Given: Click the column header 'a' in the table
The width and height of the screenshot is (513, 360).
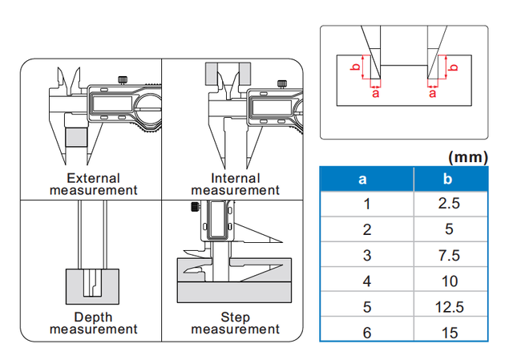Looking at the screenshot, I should click(x=367, y=178).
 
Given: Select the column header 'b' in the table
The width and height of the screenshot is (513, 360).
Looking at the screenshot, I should click(x=450, y=178).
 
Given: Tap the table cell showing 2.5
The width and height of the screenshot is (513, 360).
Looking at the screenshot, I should click(x=450, y=204).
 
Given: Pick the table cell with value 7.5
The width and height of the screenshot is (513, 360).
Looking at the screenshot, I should click(x=450, y=255).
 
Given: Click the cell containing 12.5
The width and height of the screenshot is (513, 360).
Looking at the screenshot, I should click(x=450, y=306).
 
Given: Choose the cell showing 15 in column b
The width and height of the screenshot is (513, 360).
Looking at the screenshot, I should click(x=450, y=331).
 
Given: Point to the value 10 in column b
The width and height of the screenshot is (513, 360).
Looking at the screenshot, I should click(x=450, y=281).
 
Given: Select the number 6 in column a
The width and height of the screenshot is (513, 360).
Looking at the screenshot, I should click(x=367, y=331).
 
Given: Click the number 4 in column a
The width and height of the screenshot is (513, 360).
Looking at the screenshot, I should click(x=367, y=281).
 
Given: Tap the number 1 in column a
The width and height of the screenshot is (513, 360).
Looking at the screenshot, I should click(x=367, y=204).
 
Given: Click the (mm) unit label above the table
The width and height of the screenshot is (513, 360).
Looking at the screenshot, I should click(x=468, y=157).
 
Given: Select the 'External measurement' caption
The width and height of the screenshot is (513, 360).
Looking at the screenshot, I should click(x=93, y=184).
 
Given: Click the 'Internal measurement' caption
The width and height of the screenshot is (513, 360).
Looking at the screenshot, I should click(x=235, y=184).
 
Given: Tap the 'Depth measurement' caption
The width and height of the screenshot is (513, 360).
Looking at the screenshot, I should click(x=93, y=323).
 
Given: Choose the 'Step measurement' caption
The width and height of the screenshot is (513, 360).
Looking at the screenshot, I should click(x=235, y=323).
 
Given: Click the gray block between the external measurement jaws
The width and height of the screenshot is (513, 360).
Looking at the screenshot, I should click(x=76, y=138).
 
